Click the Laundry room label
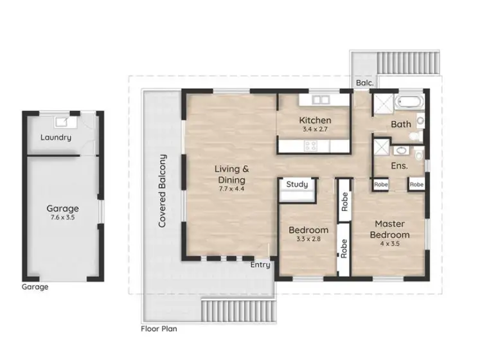pos(56,138)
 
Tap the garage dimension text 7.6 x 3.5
pos(62,218)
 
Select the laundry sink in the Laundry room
pos(64,122)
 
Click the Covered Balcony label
pos(163,191)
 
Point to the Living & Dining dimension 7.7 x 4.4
pos(232,190)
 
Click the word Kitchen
pos(315,120)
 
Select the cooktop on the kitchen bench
pos(310,146)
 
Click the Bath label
pos(400,124)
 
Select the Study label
pos(297,185)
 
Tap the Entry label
pos(260,265)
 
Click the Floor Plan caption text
pos(159,328)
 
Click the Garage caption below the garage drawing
pos(35,287)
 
